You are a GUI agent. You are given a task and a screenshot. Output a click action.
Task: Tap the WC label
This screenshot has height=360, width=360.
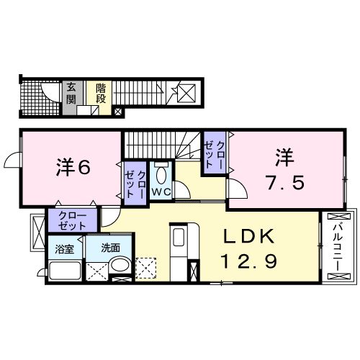click(161, 192)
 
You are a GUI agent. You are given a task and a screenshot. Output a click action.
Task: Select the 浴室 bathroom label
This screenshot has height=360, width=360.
click(64, 249)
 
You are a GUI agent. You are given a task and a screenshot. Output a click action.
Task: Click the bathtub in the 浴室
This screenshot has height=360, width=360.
click(66, 271)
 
